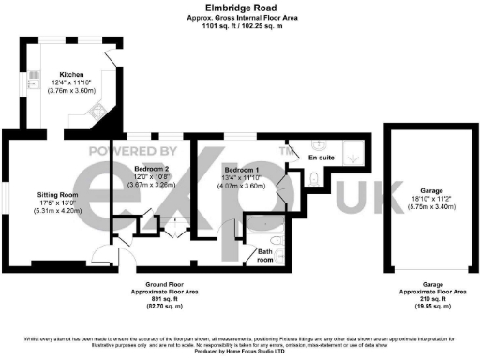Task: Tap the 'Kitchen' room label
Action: (x=72, y=74)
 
